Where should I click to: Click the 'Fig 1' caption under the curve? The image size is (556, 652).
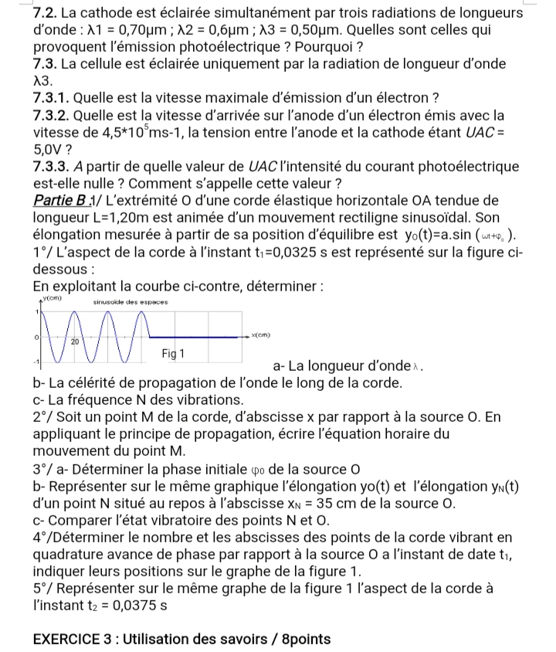175,353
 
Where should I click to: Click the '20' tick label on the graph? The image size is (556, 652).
76,341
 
